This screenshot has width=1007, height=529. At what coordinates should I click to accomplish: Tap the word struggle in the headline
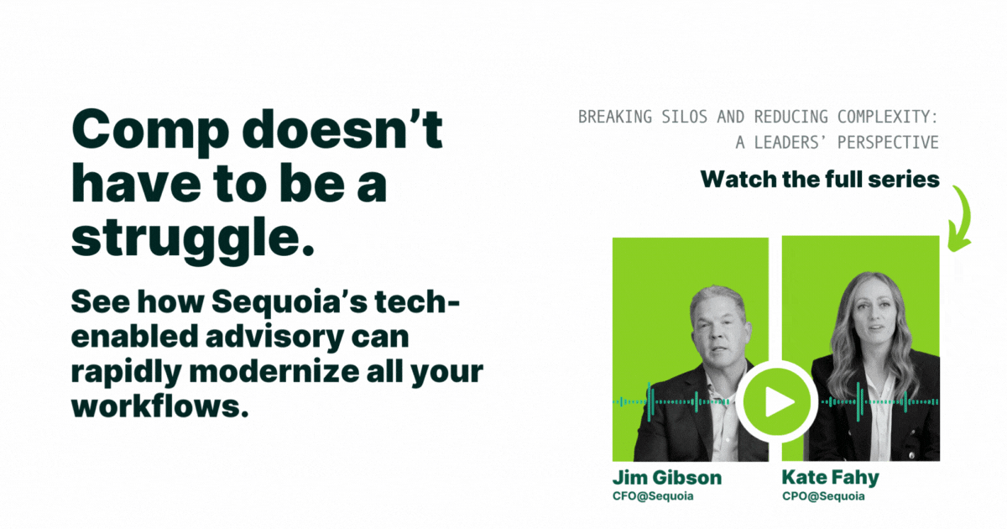[185, 239]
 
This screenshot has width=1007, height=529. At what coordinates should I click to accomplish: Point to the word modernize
[274, 372]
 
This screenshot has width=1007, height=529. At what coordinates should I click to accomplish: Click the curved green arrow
[960, 218]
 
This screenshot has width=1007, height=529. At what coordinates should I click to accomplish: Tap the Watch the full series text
[820, 180]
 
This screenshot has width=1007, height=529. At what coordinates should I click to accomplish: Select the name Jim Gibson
[666, 477]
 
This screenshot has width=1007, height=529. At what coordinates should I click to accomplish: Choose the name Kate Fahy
[830, 478]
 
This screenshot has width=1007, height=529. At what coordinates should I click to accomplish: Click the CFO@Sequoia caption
[653, 496]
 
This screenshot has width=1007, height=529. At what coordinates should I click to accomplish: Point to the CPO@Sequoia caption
[823, 496]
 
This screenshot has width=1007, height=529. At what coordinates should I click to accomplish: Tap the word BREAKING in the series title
[614, 117]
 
